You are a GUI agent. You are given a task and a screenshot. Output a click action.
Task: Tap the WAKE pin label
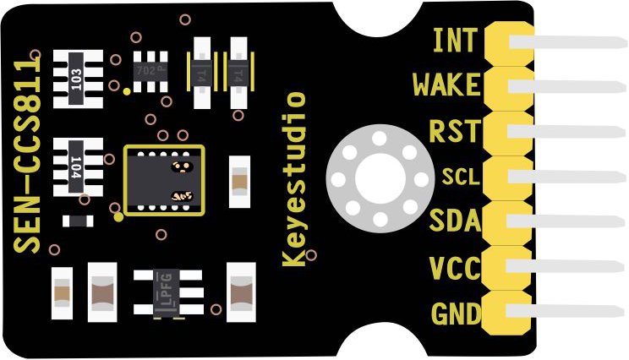[446, 85]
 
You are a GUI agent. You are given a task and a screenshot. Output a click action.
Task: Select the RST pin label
[454, 131]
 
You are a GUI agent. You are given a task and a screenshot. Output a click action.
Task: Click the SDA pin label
[454, 222]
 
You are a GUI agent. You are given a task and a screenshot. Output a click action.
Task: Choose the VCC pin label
[454, 270]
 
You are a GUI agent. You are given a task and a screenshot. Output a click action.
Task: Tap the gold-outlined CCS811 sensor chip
[165, 179]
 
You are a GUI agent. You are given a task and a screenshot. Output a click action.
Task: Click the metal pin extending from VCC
[575, 269]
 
